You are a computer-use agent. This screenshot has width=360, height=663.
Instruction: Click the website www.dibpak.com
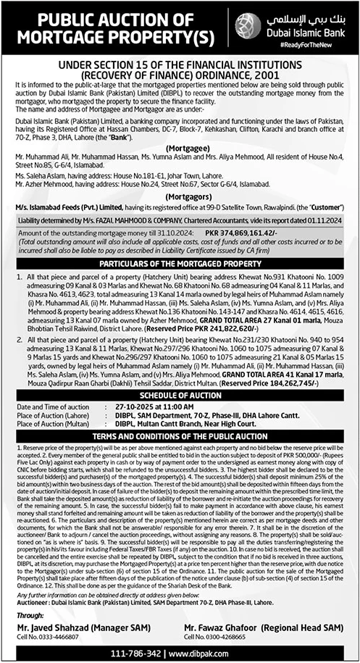point(213,653)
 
